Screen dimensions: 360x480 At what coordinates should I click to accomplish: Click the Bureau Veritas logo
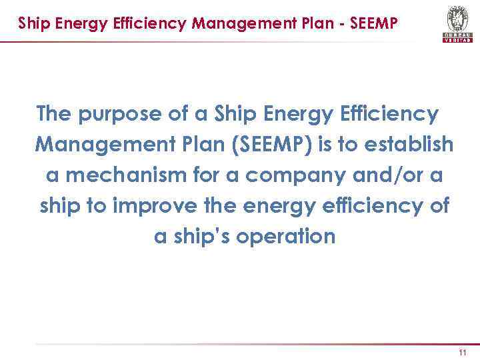pos(457,24)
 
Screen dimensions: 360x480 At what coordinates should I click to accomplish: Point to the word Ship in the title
pos(31,24)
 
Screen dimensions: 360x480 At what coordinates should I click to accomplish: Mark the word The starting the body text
pos(55,115)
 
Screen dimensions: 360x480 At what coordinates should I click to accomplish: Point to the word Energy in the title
pos(81,24)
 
